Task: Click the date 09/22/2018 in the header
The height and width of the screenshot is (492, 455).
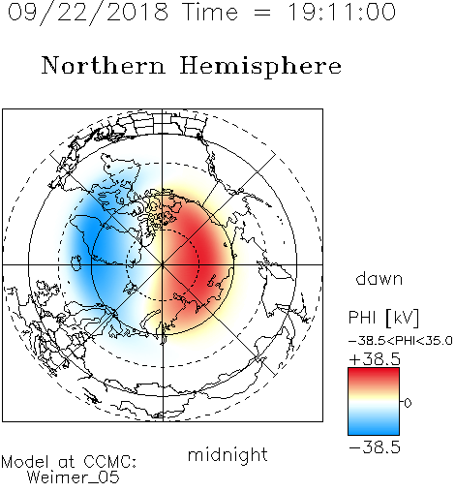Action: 88,13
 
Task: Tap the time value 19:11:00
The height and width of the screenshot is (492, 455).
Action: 342,12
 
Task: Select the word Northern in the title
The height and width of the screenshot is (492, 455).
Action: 104,65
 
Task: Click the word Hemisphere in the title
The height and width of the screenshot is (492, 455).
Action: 260,67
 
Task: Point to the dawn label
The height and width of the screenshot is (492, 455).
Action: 379,278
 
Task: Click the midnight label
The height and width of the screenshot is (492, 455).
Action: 227,456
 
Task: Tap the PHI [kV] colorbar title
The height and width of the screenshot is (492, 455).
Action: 383,318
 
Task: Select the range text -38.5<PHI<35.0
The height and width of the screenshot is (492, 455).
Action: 401,340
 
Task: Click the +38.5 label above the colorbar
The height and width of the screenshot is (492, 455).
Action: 375,359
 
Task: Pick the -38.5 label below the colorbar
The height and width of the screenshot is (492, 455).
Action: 375,447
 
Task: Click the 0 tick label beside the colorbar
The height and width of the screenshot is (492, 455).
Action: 408,403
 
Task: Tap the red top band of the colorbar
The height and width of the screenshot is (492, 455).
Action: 374,375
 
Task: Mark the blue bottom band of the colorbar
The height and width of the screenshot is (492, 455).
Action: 374,428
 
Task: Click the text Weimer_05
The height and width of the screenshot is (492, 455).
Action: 74,477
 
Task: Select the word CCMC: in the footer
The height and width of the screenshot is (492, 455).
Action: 110,462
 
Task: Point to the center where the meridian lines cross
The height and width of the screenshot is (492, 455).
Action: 163,264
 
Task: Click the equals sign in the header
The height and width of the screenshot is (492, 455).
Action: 262,13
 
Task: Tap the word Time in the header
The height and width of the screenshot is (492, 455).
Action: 210,12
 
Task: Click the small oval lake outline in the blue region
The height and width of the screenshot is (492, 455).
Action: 76,262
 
